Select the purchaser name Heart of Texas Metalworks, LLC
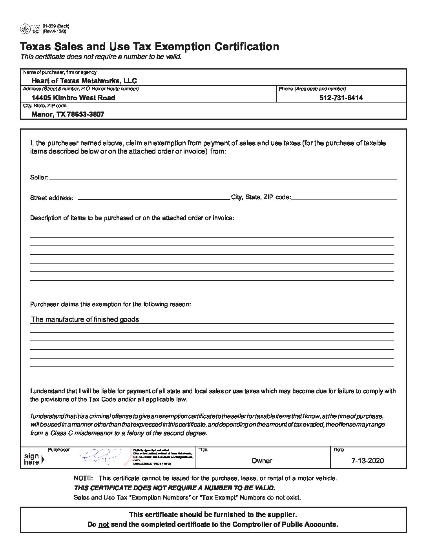tap(84, 81)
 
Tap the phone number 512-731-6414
tap(341, 98)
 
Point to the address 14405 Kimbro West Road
tap(73, 98)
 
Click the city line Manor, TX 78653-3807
tap(68, 114)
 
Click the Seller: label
tap(39, 178)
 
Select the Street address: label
tap(51, 198)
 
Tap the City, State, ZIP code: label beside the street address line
tap(261, 197)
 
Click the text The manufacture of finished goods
tap(85, 319)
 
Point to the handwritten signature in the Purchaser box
tap(100, 456)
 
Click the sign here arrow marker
tap(42, 459)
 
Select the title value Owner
tap(262, 461)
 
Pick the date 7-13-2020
tap(368, 461)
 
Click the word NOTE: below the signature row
tap(83, 478)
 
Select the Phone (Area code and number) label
tap(312, 89)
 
